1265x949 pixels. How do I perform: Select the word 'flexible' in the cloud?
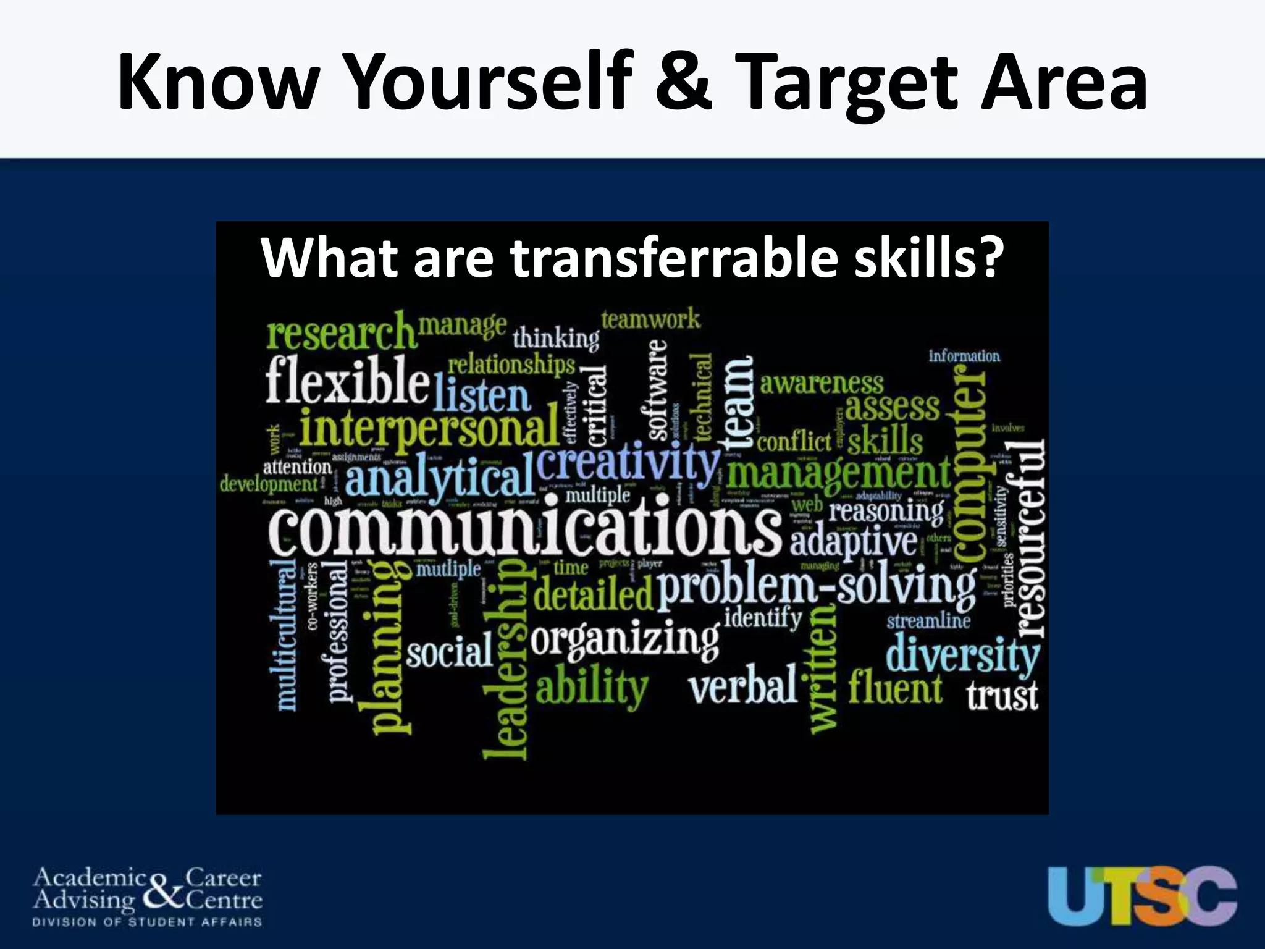pos(347,380)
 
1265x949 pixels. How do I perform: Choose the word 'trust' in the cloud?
pos(1002,695)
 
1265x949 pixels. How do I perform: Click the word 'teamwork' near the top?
pos(650,320)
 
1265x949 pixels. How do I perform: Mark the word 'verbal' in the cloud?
pos(743,686)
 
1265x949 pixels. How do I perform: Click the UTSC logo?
pos(1142,896)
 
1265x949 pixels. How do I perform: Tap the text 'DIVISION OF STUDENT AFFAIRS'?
pos(147,922)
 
